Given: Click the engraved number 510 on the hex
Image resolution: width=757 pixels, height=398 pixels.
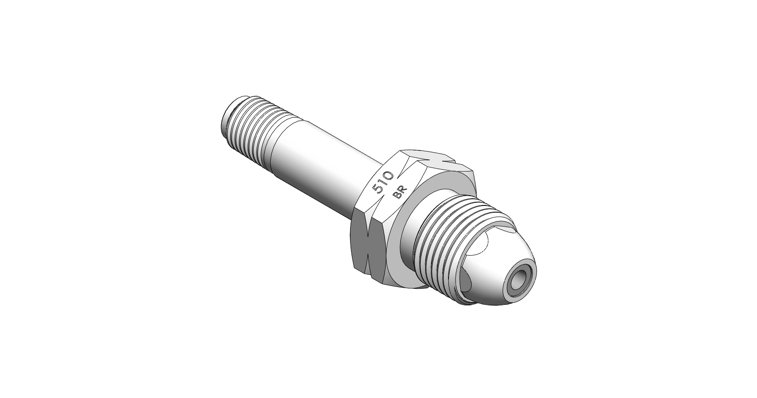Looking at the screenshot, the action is [x=383, y=182].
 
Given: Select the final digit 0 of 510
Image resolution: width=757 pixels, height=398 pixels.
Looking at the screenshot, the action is [x=389, y=175].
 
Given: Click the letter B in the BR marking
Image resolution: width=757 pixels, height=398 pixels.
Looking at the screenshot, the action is [x=397, y=196].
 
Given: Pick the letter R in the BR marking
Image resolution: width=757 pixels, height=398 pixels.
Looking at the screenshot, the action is [x=403, y=190].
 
